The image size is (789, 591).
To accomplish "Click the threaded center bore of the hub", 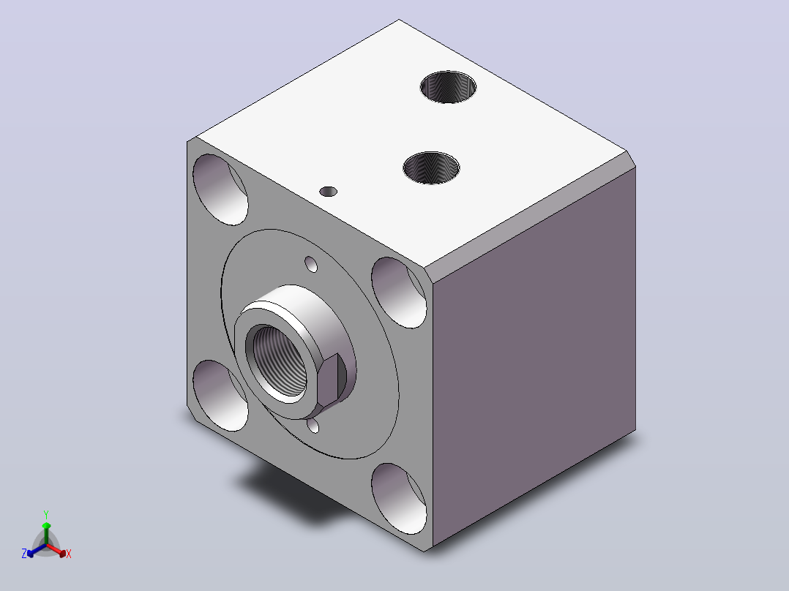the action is (x=278, y=362).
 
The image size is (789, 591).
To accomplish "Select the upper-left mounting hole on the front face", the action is (x=220, y=189).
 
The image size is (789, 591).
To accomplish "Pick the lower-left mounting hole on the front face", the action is (x=220, y=396).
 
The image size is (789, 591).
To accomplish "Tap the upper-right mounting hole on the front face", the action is (x=399, y=293).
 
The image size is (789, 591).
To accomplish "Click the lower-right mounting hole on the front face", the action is (x=399, y=498).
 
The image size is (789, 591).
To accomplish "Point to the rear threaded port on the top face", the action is (x=449, y=87).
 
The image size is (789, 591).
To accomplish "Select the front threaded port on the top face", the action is (x=431, y=167).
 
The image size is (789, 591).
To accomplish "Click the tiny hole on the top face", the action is (x=328, y=192).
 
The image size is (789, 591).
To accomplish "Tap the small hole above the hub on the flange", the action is (x=312, y=264).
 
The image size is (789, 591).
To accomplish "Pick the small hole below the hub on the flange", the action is (x=313, y=426).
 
